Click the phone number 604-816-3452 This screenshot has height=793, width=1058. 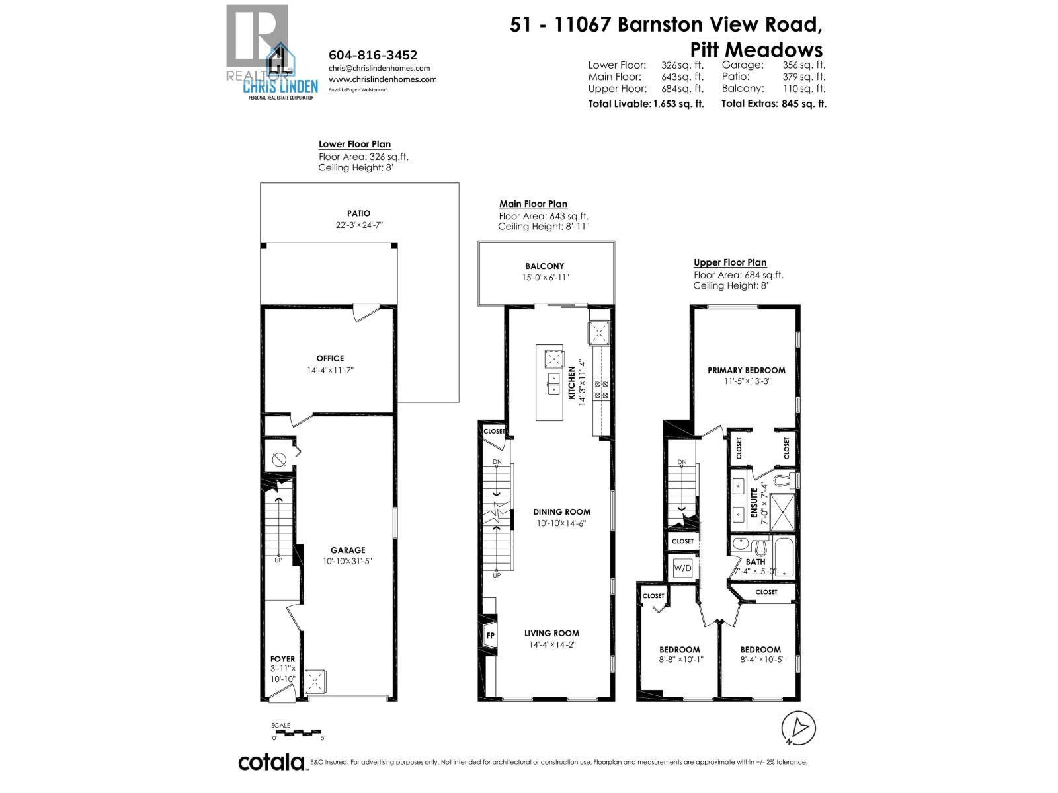[373, 56]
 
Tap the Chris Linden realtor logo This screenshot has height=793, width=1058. [271, 53]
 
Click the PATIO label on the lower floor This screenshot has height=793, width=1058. [358, 213]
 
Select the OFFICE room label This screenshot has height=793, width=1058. [330, 358]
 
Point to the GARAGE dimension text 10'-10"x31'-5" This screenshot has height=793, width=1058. [348, 561]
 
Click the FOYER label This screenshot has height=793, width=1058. [282, 659]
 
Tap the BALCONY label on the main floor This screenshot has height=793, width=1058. [545, 266]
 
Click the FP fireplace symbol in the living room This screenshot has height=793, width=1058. [490, 636]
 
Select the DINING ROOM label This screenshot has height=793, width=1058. [561, 511]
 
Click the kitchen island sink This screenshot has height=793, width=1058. [553, 383]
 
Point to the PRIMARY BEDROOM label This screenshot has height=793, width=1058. [746, 370]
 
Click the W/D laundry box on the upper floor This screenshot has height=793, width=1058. [682, 568]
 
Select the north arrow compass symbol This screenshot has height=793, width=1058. [798, 727]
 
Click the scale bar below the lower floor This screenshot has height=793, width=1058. [298, 733]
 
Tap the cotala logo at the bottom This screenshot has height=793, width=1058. [271, 762]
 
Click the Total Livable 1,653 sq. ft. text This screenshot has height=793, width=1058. [645, 104]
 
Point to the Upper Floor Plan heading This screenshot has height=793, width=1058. [730, 262]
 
